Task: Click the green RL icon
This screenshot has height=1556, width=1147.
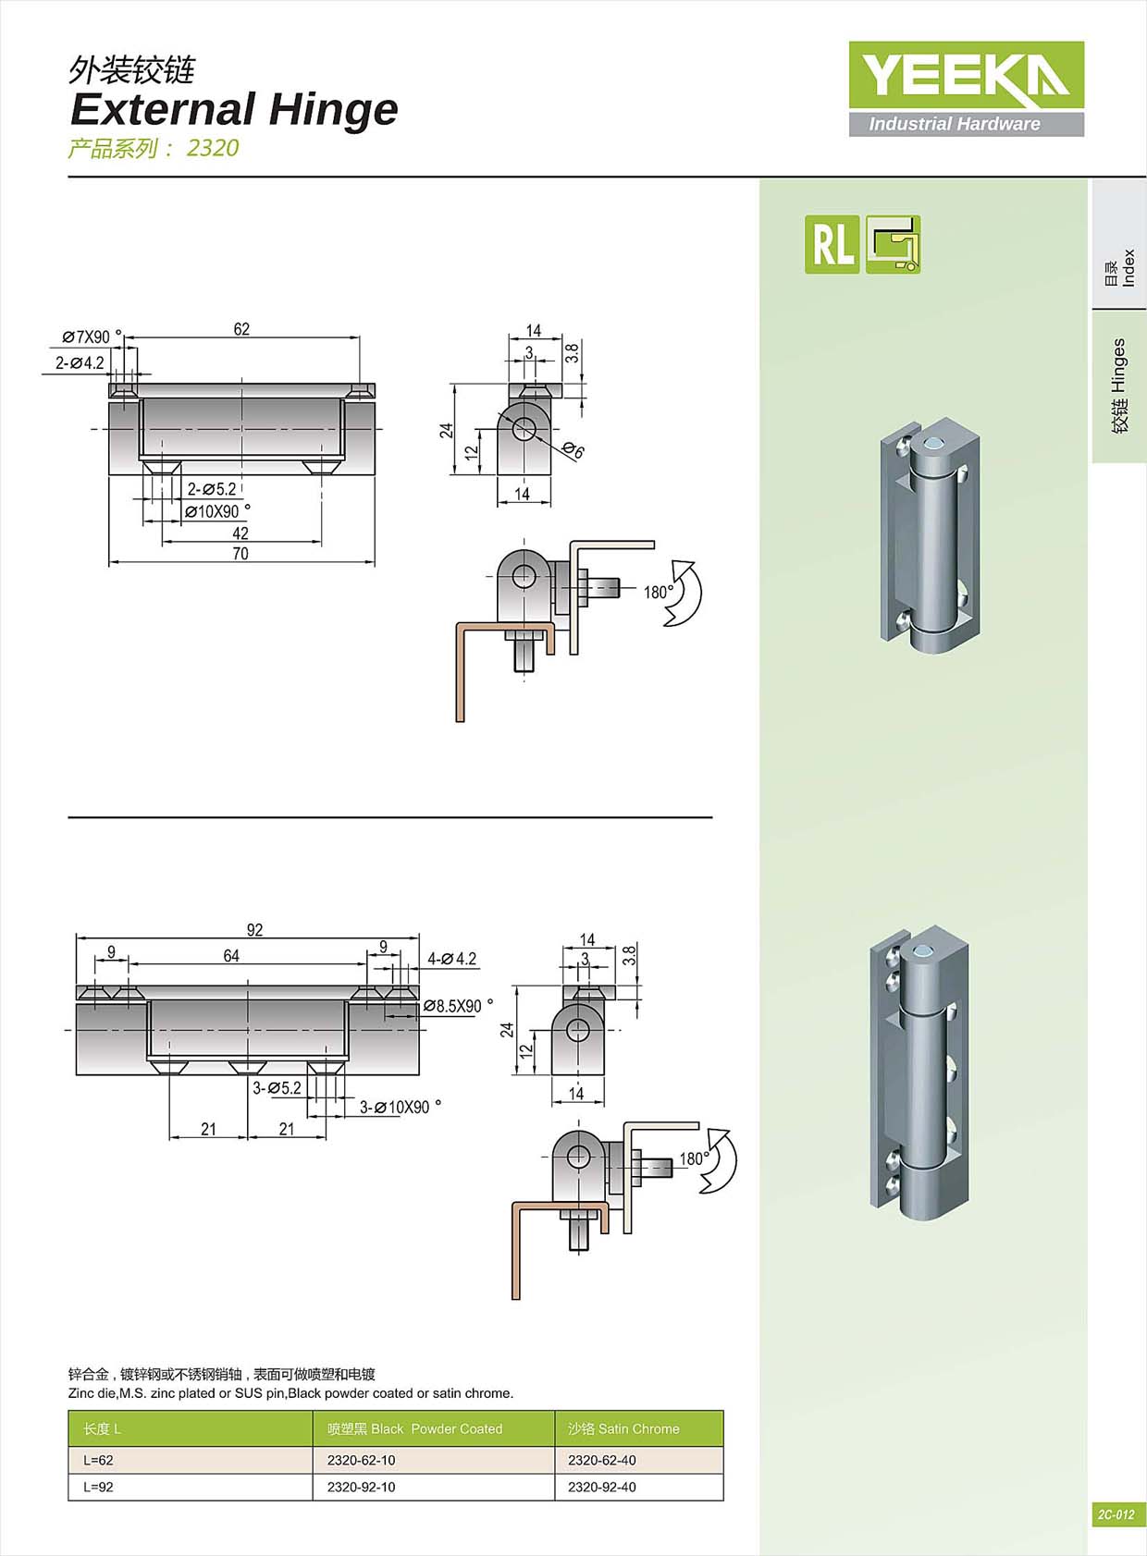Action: click(x=832, y=244)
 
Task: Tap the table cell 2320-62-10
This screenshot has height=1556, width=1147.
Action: click(x=361, y=1460)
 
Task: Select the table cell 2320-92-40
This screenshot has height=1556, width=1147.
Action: click(x=601, y=1487)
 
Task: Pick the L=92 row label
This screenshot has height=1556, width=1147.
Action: click(x=98, y=1487)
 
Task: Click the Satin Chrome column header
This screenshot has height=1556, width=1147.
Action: click(x=623, y=1428)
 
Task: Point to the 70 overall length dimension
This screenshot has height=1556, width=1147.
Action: click(x=240, y=554)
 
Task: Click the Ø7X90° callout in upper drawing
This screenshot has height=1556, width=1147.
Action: click(x=91, y=337)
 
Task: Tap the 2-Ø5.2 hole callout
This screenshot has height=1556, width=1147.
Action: click(x=212, y=489)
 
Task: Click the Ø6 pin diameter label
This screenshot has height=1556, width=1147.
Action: click(x=573, y=451)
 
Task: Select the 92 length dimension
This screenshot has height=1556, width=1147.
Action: click(x=254, y=930)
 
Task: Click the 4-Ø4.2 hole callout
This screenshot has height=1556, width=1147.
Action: click(x=451, y=959)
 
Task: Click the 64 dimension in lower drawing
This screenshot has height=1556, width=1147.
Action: click(x=231, y=956)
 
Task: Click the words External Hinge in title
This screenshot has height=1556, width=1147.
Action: click(x=234, y=109)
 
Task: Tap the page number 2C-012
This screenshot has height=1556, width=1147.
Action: click(x=1116, y=1514)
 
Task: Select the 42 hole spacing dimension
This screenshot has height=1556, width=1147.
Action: click(x=240, y=533)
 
